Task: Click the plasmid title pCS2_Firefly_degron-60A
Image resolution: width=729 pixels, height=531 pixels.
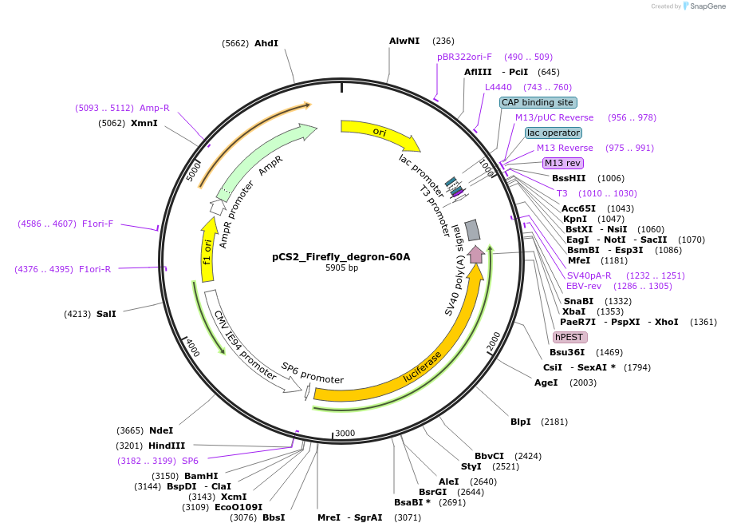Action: (341, 257)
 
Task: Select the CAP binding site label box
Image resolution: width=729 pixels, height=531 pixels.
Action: (538, 102)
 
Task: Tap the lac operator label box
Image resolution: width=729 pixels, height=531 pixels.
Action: (553, 133)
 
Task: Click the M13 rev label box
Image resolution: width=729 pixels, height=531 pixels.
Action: (563, 163)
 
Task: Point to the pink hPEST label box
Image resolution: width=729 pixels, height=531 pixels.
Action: (570, 337)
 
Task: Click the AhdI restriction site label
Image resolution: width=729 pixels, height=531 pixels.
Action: (266, 43)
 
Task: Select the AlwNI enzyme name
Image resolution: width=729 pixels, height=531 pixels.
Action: (404, 40)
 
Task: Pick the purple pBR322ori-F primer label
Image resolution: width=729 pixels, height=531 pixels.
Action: (464, 57)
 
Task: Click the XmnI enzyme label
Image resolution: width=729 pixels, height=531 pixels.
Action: (144, 123)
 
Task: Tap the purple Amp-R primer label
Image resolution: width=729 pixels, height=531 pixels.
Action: (155, 108)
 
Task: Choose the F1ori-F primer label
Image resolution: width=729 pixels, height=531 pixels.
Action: (98, 224)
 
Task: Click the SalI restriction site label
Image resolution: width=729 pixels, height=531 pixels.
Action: (106, 314)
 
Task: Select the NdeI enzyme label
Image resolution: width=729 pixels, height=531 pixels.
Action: (161, 430)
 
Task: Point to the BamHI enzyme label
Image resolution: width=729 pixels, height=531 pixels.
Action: (202, 475)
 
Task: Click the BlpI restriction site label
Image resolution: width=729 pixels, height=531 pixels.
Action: (521, 421)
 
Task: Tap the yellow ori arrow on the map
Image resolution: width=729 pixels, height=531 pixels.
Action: (380, 133)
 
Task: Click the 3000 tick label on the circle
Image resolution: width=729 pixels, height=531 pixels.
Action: (345, 433)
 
